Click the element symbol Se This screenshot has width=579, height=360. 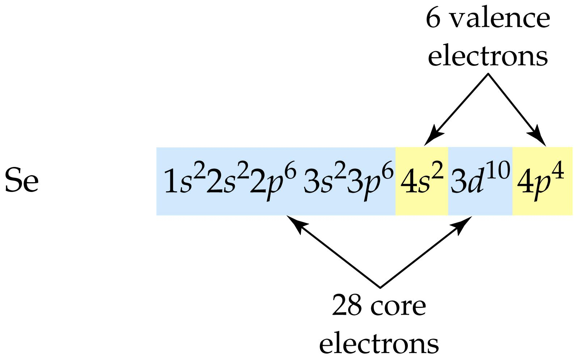[x=22, y=180]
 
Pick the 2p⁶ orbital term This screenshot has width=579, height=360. [x=273, y=181]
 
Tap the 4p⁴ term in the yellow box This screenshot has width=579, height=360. [x=540, y=181]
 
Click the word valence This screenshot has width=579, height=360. [x=500, y=18]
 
